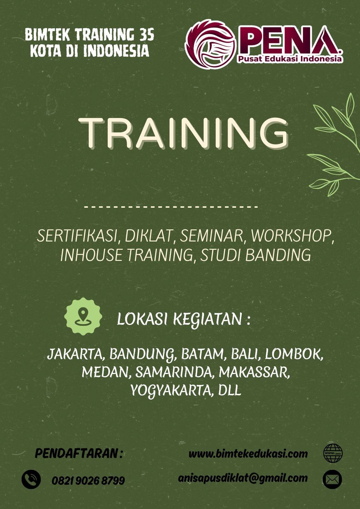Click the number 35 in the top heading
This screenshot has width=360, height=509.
tap(147, 35)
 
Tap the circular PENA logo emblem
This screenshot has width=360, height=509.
tap(211, 44)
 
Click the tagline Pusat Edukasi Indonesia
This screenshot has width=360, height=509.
tap(290, 59)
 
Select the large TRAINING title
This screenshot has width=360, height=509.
tap(184, 133)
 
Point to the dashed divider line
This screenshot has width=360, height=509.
tap(171, 207)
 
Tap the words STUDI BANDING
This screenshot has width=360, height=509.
tap(255, 255)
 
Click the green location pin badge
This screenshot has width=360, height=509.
tap(83, 316)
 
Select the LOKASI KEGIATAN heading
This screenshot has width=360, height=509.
tap(183, 319)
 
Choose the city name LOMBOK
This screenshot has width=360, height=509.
tap(293, 354)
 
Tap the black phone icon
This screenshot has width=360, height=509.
tap(31, 479)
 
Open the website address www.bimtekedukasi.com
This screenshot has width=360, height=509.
tap(248, 454)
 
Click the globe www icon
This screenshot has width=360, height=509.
tap(333, 453)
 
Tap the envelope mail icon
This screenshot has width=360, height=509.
tap(332, 479)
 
